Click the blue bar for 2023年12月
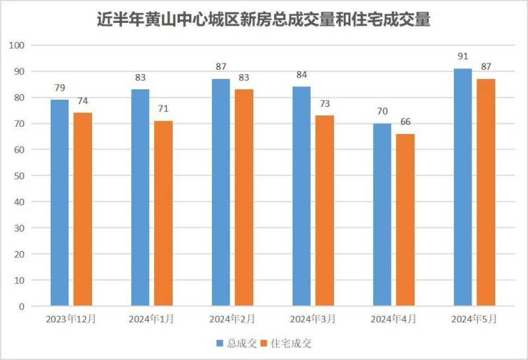59,203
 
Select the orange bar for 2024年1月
163,214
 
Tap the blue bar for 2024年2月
220,192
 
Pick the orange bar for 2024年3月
325,211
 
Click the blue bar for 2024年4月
382,215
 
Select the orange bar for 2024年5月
486,192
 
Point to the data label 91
462,57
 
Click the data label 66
405,122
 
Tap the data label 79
60,88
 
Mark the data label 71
163,109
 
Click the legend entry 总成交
236,344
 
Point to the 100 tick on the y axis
17,46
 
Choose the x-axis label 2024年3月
313,319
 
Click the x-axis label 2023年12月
71,319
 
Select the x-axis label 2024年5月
474,319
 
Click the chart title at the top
264,19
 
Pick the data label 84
301,75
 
